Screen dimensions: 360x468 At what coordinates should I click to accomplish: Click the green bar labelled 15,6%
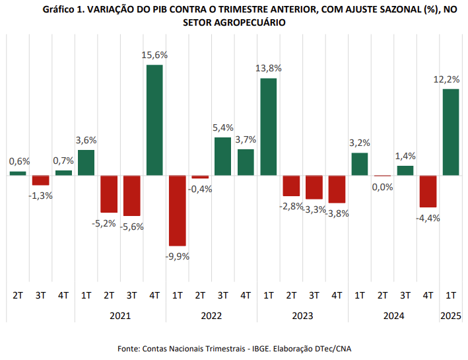[154, 120]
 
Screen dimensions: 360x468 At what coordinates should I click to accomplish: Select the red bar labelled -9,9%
[177, 210]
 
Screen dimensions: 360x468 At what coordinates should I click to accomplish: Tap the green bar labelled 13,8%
[268, 127]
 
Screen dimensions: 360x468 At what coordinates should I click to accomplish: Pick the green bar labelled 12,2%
[450, 132]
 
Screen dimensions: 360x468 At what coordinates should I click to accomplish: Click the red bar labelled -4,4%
[428, 192]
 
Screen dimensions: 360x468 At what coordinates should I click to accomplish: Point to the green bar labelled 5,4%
[222, 156]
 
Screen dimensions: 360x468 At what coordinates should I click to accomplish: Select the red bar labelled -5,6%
[131, 196]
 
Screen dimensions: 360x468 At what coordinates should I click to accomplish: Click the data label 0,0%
[382, 187]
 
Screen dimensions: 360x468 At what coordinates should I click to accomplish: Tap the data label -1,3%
[41, 196]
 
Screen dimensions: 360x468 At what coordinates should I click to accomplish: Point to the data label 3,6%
[86, 140]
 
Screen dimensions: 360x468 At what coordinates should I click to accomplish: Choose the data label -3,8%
[337, 213]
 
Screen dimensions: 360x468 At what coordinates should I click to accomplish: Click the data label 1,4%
[405, 156]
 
